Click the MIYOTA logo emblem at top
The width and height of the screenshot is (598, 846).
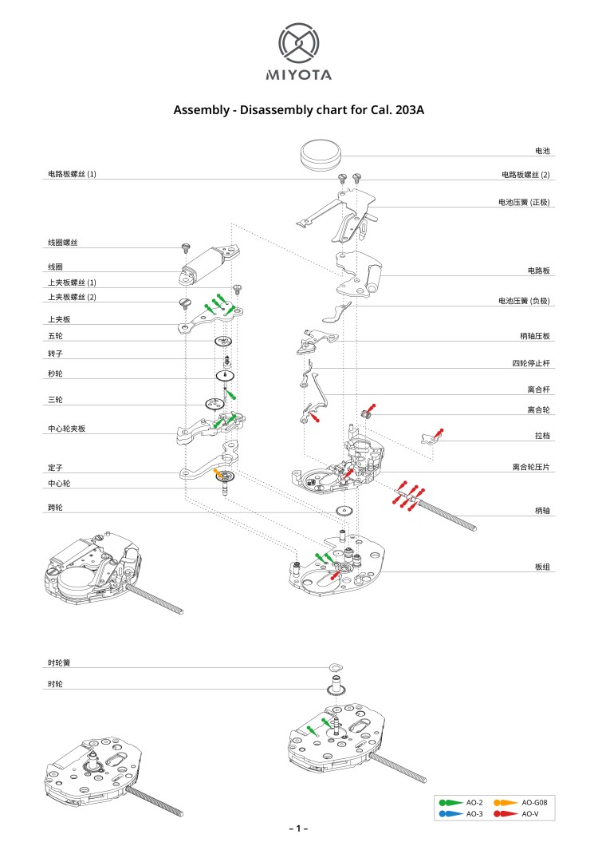[x=298, y=44]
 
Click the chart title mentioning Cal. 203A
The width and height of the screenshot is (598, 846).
[x=298, y=109]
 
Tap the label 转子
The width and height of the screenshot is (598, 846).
[x=55, y=353]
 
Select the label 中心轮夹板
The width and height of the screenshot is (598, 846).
[x=66, y=429]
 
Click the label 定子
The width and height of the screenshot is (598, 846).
[x=55, y=466]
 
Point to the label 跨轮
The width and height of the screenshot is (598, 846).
[x=55, y=507]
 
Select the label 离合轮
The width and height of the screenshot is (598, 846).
[x=538, y=409]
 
